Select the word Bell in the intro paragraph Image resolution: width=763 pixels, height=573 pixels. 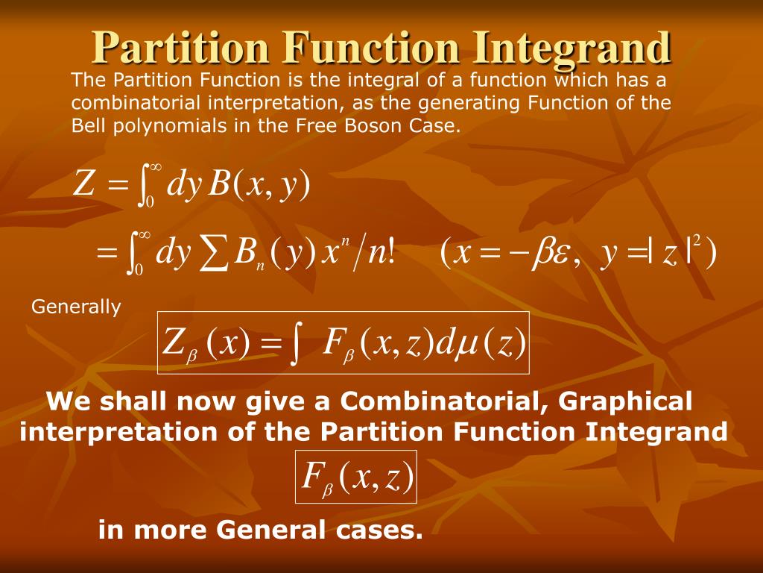click(x=88, y=125)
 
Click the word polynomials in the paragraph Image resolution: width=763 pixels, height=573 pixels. click(x=167, y=125)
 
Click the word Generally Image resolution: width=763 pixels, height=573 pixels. click(x=76, y=307)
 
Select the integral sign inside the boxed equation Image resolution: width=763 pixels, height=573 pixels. click(x=297, y=344)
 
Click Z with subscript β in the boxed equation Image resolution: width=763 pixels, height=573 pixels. click(x=178, y=344)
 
